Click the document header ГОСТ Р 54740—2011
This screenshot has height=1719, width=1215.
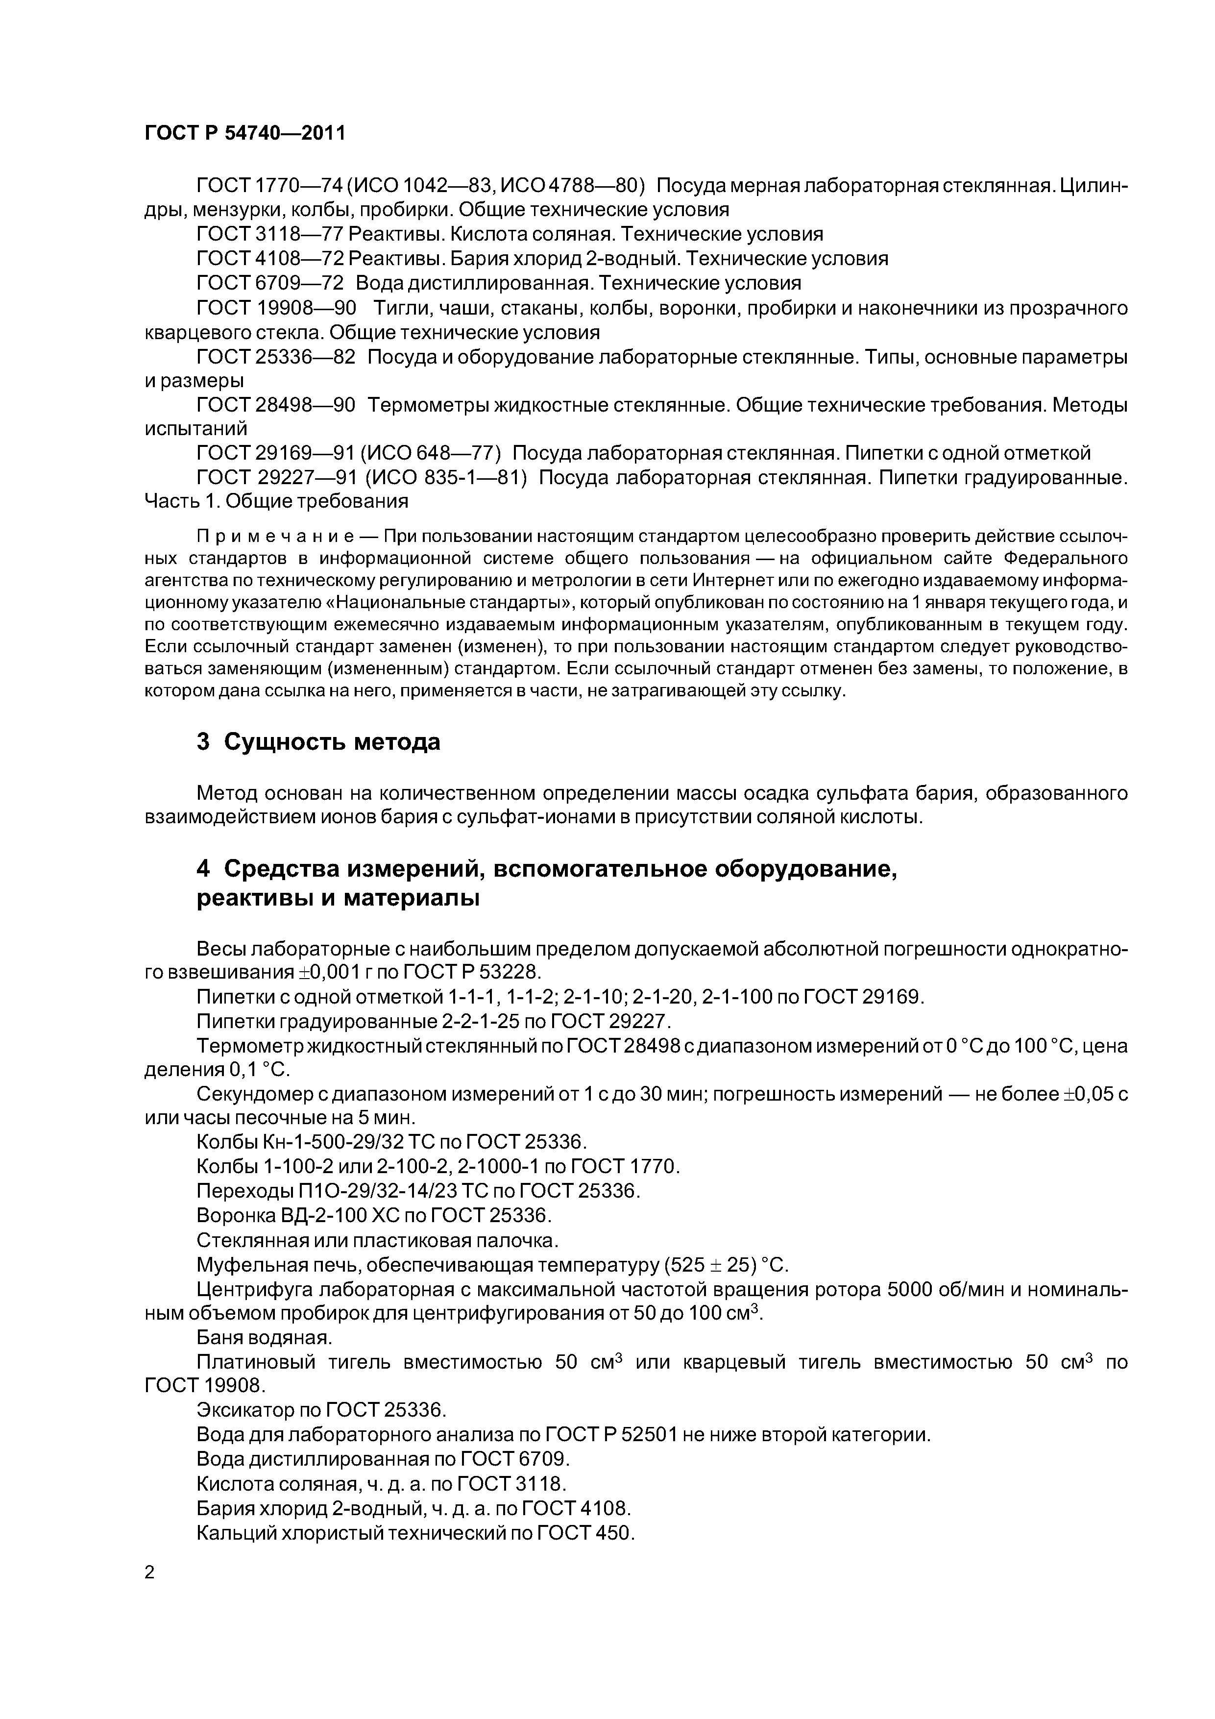[x=245, y=133]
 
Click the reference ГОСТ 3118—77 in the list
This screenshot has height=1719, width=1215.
[x=269, y=234]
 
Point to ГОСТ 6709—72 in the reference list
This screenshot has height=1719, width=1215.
[x=269, y=283]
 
